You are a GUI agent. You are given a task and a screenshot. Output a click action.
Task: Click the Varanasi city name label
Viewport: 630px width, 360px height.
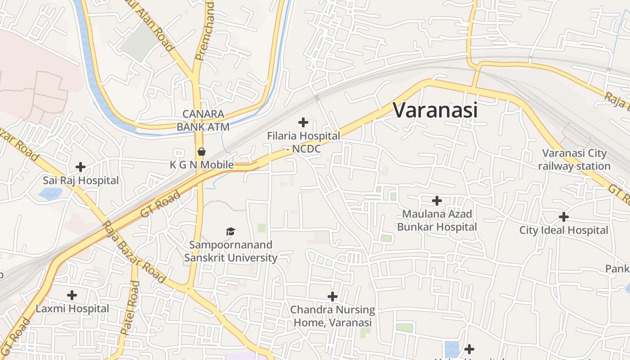435,110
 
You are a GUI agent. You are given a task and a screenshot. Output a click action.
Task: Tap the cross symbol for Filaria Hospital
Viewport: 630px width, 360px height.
303,122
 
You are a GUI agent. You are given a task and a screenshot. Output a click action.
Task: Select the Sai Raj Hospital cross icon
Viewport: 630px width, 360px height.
81,167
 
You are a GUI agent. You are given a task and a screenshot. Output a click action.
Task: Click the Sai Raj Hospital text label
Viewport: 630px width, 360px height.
81,180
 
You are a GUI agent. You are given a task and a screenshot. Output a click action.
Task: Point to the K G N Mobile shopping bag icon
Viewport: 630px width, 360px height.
202,151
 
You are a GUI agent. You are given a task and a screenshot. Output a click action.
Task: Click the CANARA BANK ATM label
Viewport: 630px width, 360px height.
203,121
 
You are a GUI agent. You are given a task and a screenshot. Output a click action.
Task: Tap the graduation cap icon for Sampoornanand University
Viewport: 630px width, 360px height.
230,231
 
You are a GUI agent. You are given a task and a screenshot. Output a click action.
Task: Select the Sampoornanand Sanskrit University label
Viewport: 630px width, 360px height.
230,251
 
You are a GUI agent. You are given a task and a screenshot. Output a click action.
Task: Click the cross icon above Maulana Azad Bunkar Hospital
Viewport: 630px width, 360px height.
436,201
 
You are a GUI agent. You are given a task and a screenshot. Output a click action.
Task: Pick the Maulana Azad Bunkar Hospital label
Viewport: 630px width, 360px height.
436,220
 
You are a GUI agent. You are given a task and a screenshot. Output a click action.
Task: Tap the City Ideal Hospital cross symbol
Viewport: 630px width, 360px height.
563,217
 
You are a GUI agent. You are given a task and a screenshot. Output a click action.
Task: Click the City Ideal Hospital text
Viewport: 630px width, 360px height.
563,230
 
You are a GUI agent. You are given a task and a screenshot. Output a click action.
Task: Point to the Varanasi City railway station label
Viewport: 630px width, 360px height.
574,160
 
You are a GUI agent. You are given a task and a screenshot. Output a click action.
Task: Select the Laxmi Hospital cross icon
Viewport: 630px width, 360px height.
72,295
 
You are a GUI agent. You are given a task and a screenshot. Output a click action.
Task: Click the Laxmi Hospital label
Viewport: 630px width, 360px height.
72,309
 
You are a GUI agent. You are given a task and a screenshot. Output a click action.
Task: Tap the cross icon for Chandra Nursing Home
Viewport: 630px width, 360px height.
333,297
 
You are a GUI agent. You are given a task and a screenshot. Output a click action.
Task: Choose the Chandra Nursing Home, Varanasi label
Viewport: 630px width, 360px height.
333,316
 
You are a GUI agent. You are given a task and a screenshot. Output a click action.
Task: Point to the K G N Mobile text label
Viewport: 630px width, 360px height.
202,165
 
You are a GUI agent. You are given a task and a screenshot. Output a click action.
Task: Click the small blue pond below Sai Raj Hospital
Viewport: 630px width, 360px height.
50,194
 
